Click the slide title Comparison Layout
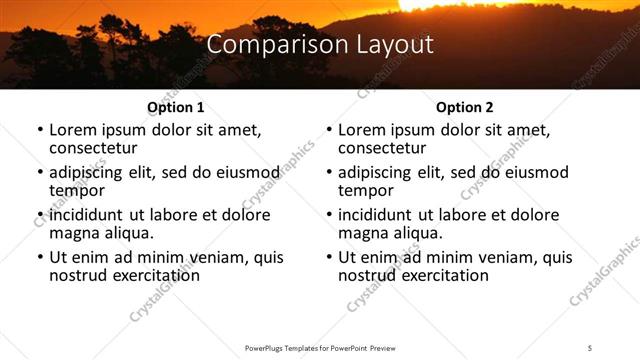coord(320,45)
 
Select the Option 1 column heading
coord(175,107)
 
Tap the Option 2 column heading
coord(464,107)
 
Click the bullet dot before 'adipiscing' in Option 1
coord(39,173)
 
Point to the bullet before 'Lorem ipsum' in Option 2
coord(328,131)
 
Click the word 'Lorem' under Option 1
coord(73,130)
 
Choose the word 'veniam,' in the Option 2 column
coord(509,257)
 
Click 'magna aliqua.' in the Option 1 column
coord(101,233)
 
